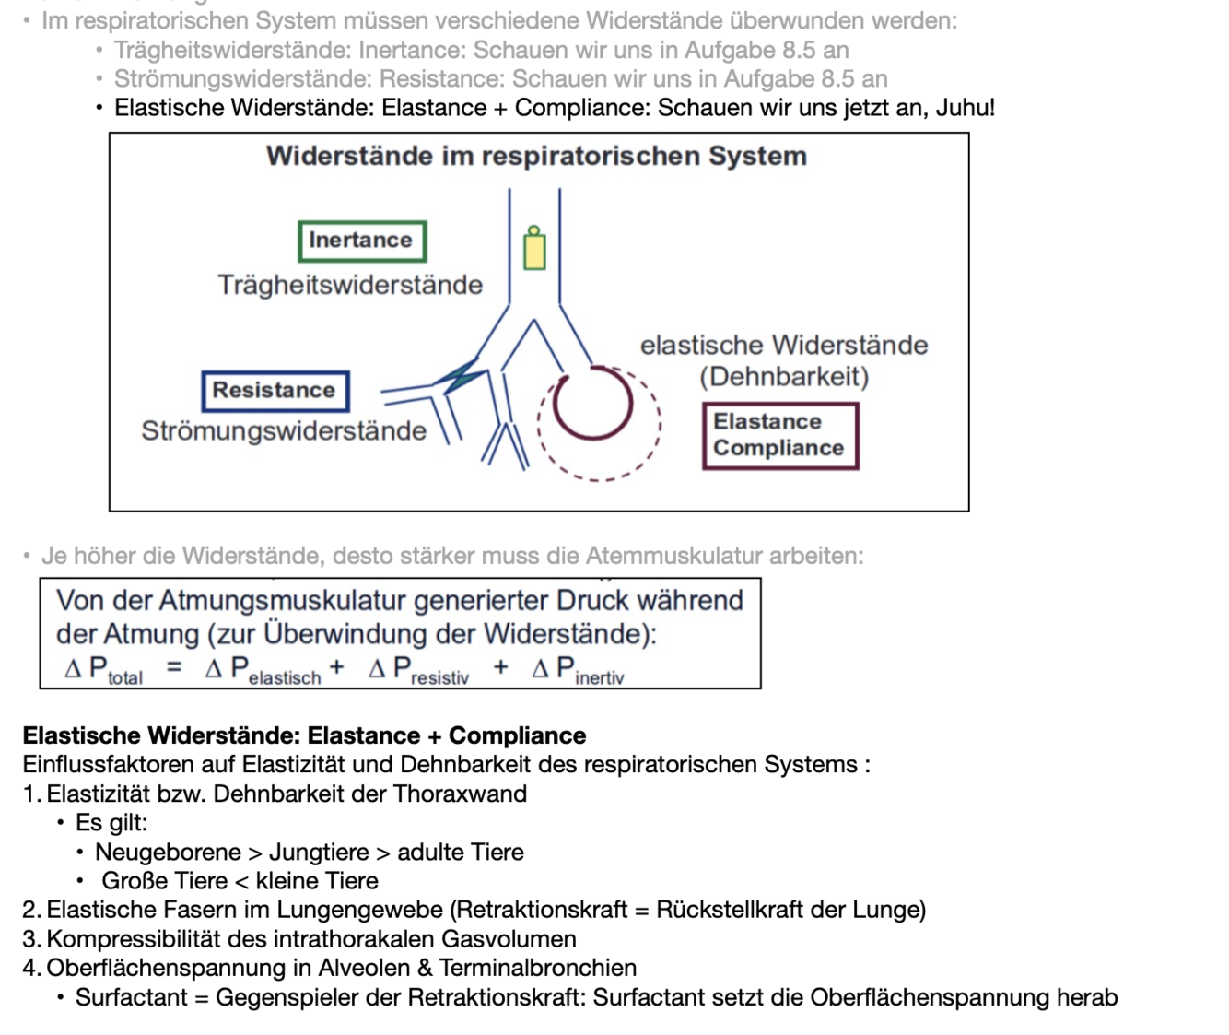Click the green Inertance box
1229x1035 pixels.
coord(362,241)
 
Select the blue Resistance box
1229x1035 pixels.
coord(275,391)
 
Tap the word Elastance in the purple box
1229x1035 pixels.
coord(767,421)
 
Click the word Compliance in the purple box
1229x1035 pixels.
coord(778,448)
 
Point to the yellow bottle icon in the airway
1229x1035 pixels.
coord(534,248)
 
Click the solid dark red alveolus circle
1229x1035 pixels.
coord(592,403)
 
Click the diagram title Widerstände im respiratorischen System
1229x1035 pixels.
coord(536,156)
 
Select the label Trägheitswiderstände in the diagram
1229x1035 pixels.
coord(350,285)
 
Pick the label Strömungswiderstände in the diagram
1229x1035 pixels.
coord(284,430)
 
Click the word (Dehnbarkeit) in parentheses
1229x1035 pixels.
coord(784,377)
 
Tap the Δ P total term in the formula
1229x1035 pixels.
coord(104,670)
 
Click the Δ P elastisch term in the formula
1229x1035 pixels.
coord(263,670)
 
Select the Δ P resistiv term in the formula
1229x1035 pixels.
coord(419,670)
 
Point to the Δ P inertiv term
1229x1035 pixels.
coord(579,670)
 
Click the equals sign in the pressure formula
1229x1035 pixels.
coord(174,666)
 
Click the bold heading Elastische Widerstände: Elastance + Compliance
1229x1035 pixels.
coord(304,735)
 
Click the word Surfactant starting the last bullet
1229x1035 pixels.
coord(131,997)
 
